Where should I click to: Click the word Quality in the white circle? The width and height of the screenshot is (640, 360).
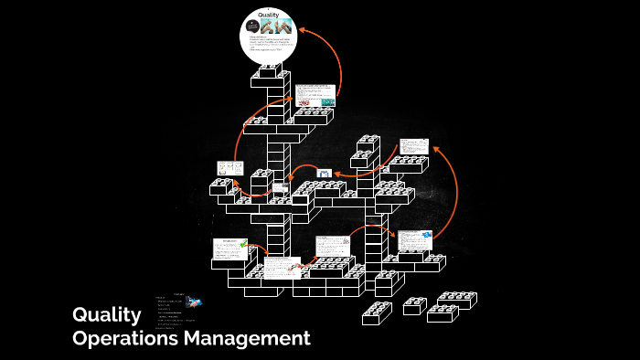pyautogui.click(x=269, y=15)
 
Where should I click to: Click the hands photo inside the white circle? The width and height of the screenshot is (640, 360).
pyautogui.click(x=277, y=26)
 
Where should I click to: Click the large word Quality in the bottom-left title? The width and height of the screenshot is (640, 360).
pyautogui.click(x=107, y=315)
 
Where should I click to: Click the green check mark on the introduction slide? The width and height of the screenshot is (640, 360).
pyautogui.click(x=243, y=244)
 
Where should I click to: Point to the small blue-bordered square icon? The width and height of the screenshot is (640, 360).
pyautogui.click(x=323, y=173)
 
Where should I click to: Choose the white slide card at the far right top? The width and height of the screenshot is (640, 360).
pyautogui.click(x=414, y=147)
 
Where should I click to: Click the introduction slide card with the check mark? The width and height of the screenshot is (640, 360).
pyautogui.click(x=230, y=249)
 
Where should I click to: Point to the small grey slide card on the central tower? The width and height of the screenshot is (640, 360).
pyautogui.click(x=281, y=187)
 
